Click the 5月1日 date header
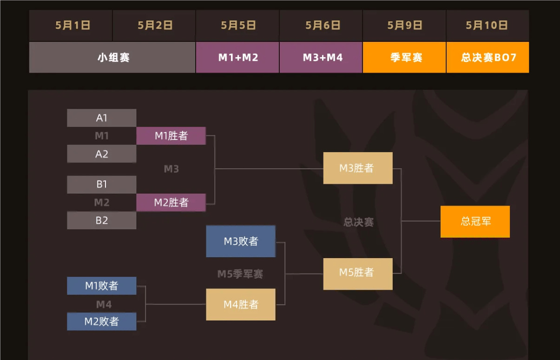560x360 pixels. click(72, 26)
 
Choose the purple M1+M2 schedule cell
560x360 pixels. click(238, 58)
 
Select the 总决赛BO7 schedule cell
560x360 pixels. click(488, 58)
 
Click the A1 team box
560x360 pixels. click(102, 118)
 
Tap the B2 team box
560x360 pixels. click(102, 220)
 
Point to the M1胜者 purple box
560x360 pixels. click(171, 136)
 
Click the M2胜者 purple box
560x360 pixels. click(171, 203)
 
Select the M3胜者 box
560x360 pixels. click(358, 168)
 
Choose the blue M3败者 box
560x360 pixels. click(241, 241)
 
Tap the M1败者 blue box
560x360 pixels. click(102, 286)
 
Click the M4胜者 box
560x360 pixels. click(241, 305)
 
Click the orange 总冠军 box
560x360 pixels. click(475, 222)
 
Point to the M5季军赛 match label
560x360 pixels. click(240, 274)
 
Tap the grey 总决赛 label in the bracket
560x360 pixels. click(358, 222)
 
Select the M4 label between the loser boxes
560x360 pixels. click(104, 305)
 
